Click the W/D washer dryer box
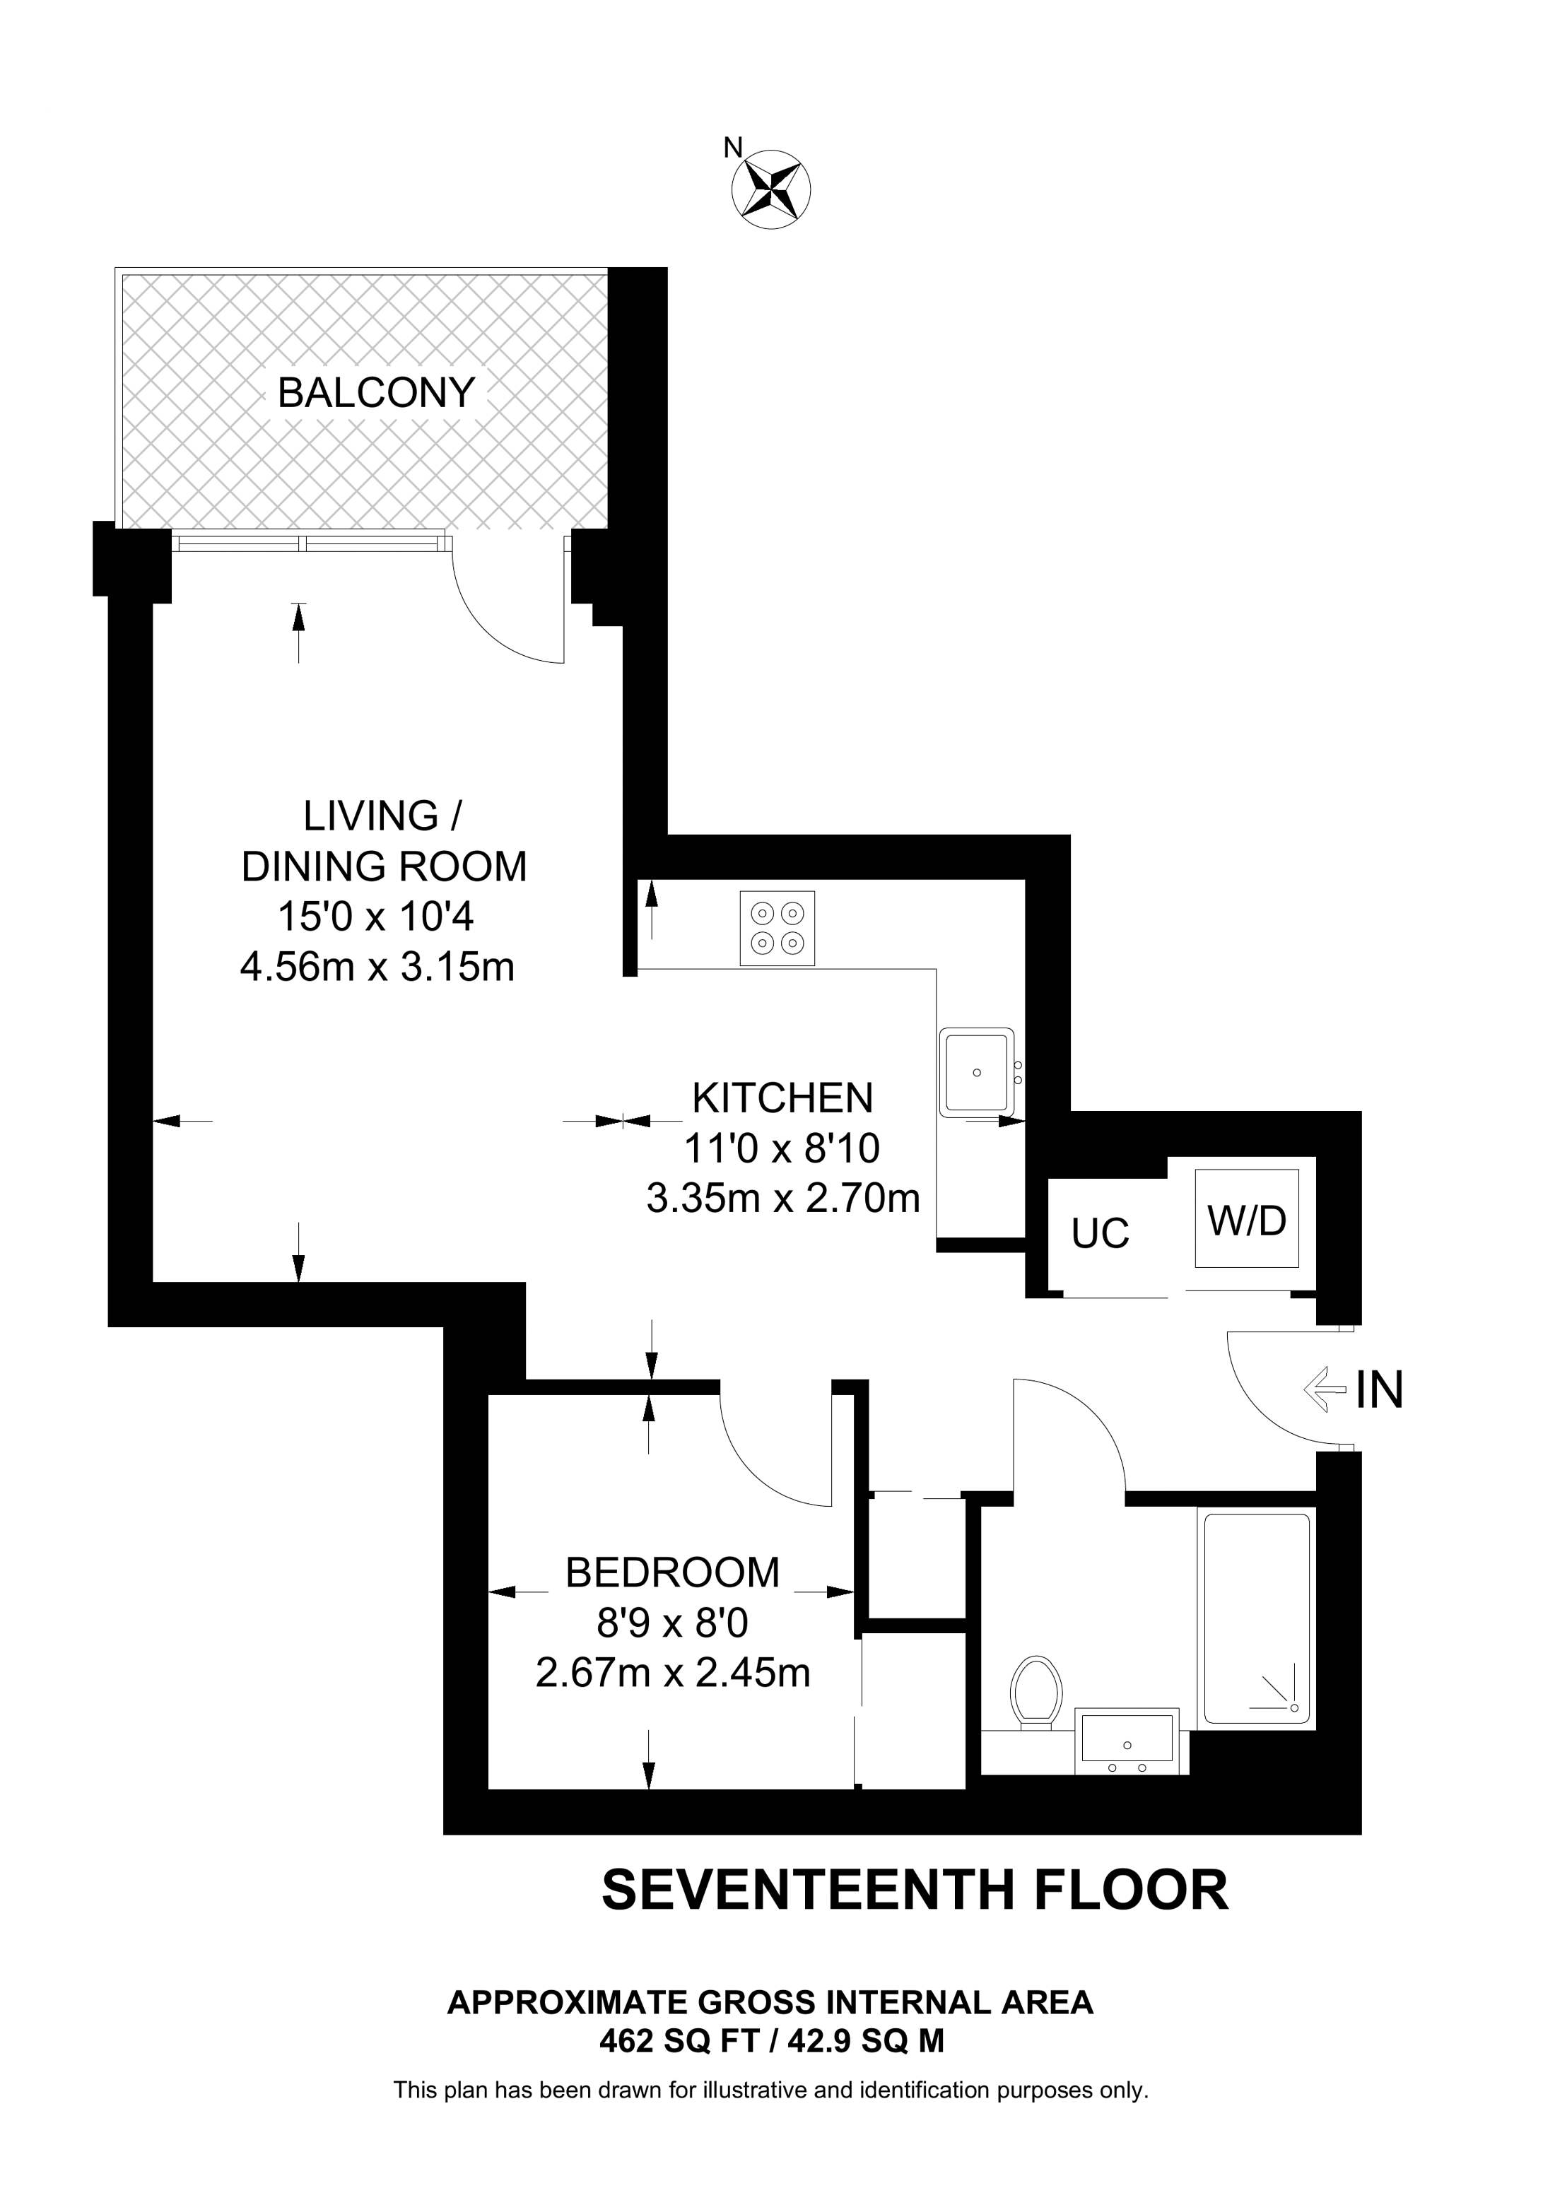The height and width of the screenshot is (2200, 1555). click(1247, 1220)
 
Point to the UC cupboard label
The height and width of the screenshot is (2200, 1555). click(1100, 1234)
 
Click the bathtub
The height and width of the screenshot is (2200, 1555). click(1255, 1618)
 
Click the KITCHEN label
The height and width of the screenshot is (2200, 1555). click(782, 1098)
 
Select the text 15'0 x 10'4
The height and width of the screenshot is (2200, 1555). click(375, 917)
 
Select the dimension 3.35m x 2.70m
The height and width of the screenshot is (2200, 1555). click(782, 1199)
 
